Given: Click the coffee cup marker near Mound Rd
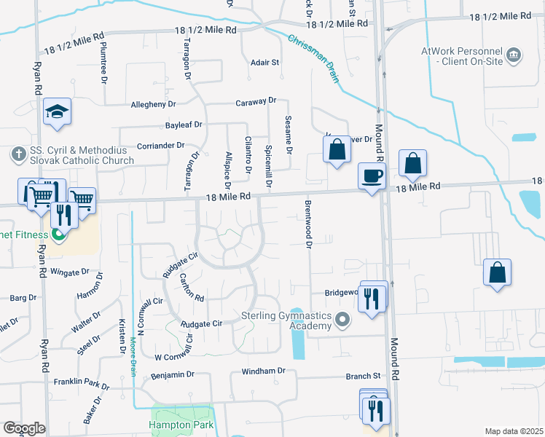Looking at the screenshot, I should click(x=372, y=176).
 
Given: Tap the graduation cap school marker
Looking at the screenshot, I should click(x=56, y=111).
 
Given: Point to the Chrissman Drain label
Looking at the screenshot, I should click(x=314, y=58).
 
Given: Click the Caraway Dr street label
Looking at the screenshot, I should click(x=256, y=101).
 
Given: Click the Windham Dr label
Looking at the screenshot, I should click(x=259, y=371).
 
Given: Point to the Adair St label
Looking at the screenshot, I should click(x=264, y=63).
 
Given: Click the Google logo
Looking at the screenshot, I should click(x=24, y=428).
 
